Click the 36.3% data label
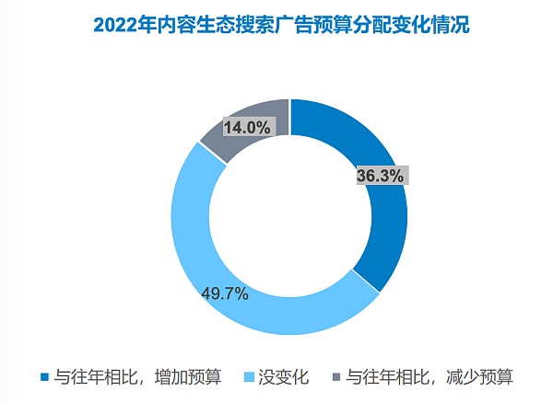[x=380, y=177]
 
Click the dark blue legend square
[x=44, y=377]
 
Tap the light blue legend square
[x=247, y=377]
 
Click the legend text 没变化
[x=282, y=377]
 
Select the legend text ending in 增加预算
[x=137, y=377]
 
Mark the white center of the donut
[x=289, y=217]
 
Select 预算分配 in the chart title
[x=349, y=25]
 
